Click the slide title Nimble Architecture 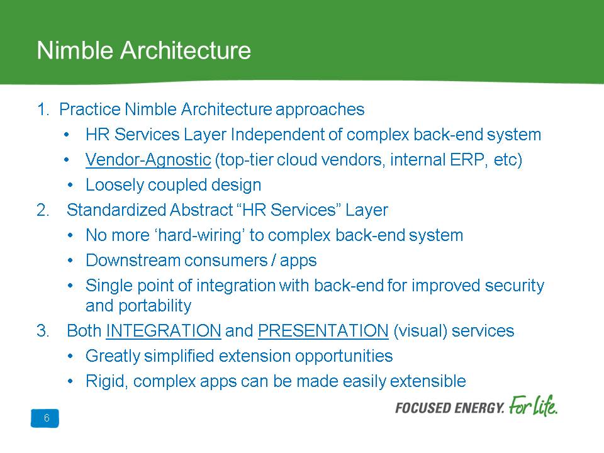coord(143,50)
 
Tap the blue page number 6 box coord(45,418)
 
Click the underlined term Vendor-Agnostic coord(148,160)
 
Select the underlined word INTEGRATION coord(164,331)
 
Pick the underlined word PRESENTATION coord(323,331)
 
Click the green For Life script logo coord(533,406)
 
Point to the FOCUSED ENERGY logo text coord(449,408)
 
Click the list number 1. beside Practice coord(43,109)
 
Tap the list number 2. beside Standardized coord(43,210)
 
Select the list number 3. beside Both coord(43,331)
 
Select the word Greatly coord(113,356)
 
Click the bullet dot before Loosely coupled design coord(70,185)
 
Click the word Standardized coord(116,210)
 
